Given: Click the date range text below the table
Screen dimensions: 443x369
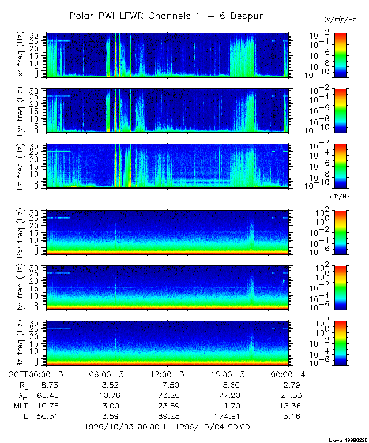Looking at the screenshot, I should pyautogui.click(x=167, y=427).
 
